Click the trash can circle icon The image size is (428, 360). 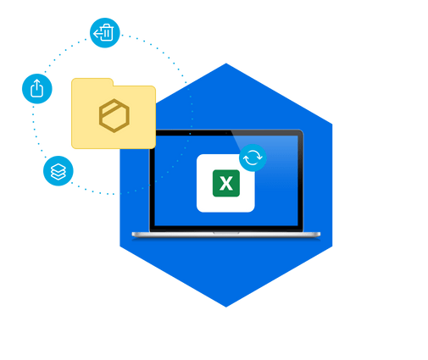click(x=105, y=33)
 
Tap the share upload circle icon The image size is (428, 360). click(x=37, y=89)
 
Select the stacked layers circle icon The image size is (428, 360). click(x=58, y=171)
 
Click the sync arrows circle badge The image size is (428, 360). click(x=253, y=158)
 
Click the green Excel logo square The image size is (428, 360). click(x=226, y=183)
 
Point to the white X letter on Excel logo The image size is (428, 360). click(x=226, y=184)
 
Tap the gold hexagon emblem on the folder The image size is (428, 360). click(x=114, y=115)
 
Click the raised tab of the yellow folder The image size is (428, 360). click(x=92, y=82)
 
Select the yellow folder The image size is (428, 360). click(x=114, y=114)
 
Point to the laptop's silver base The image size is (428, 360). click(x=226, y=235)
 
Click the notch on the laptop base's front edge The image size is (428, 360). click(x=226, y=233)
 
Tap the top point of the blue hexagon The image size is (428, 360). click(x=226, y=64)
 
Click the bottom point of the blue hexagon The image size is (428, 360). click(x=226, y=307)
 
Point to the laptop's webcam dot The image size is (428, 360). click(x=226, y=133)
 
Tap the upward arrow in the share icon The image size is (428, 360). click(x=36, y=85)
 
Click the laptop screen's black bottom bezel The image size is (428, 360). click(x=226, y=229)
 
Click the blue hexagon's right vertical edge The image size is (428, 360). click(x=332, y=186)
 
